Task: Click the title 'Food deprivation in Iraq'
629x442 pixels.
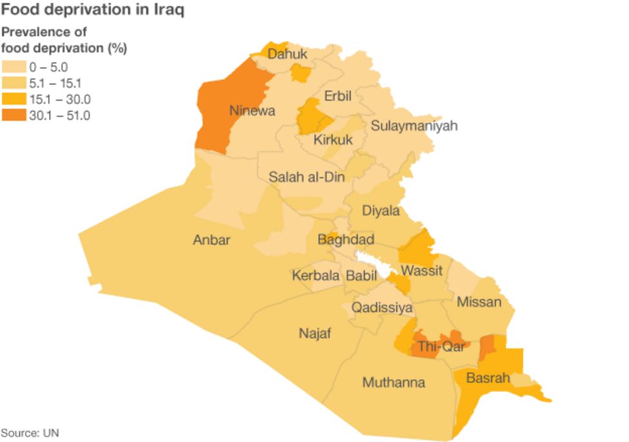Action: point(93,11)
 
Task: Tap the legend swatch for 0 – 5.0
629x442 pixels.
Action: point(14,66)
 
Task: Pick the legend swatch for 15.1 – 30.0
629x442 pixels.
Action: point(14,99)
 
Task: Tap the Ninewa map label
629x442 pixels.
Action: point(252,111)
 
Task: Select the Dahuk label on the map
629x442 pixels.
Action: point(287,54)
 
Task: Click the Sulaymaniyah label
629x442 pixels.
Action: point(414,126)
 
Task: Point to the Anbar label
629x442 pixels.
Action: point(211,240)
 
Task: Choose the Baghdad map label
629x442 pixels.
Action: point(345,240)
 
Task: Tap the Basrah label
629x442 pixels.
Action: point(488,378)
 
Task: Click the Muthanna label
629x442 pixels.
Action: point(393,383)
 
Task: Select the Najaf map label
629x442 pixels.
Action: point(314,333)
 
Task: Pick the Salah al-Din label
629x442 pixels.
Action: point(307,177)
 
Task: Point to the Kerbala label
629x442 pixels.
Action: point(315,275)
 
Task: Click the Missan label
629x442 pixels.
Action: point(479,302)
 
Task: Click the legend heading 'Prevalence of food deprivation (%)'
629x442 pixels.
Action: point(63,40)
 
